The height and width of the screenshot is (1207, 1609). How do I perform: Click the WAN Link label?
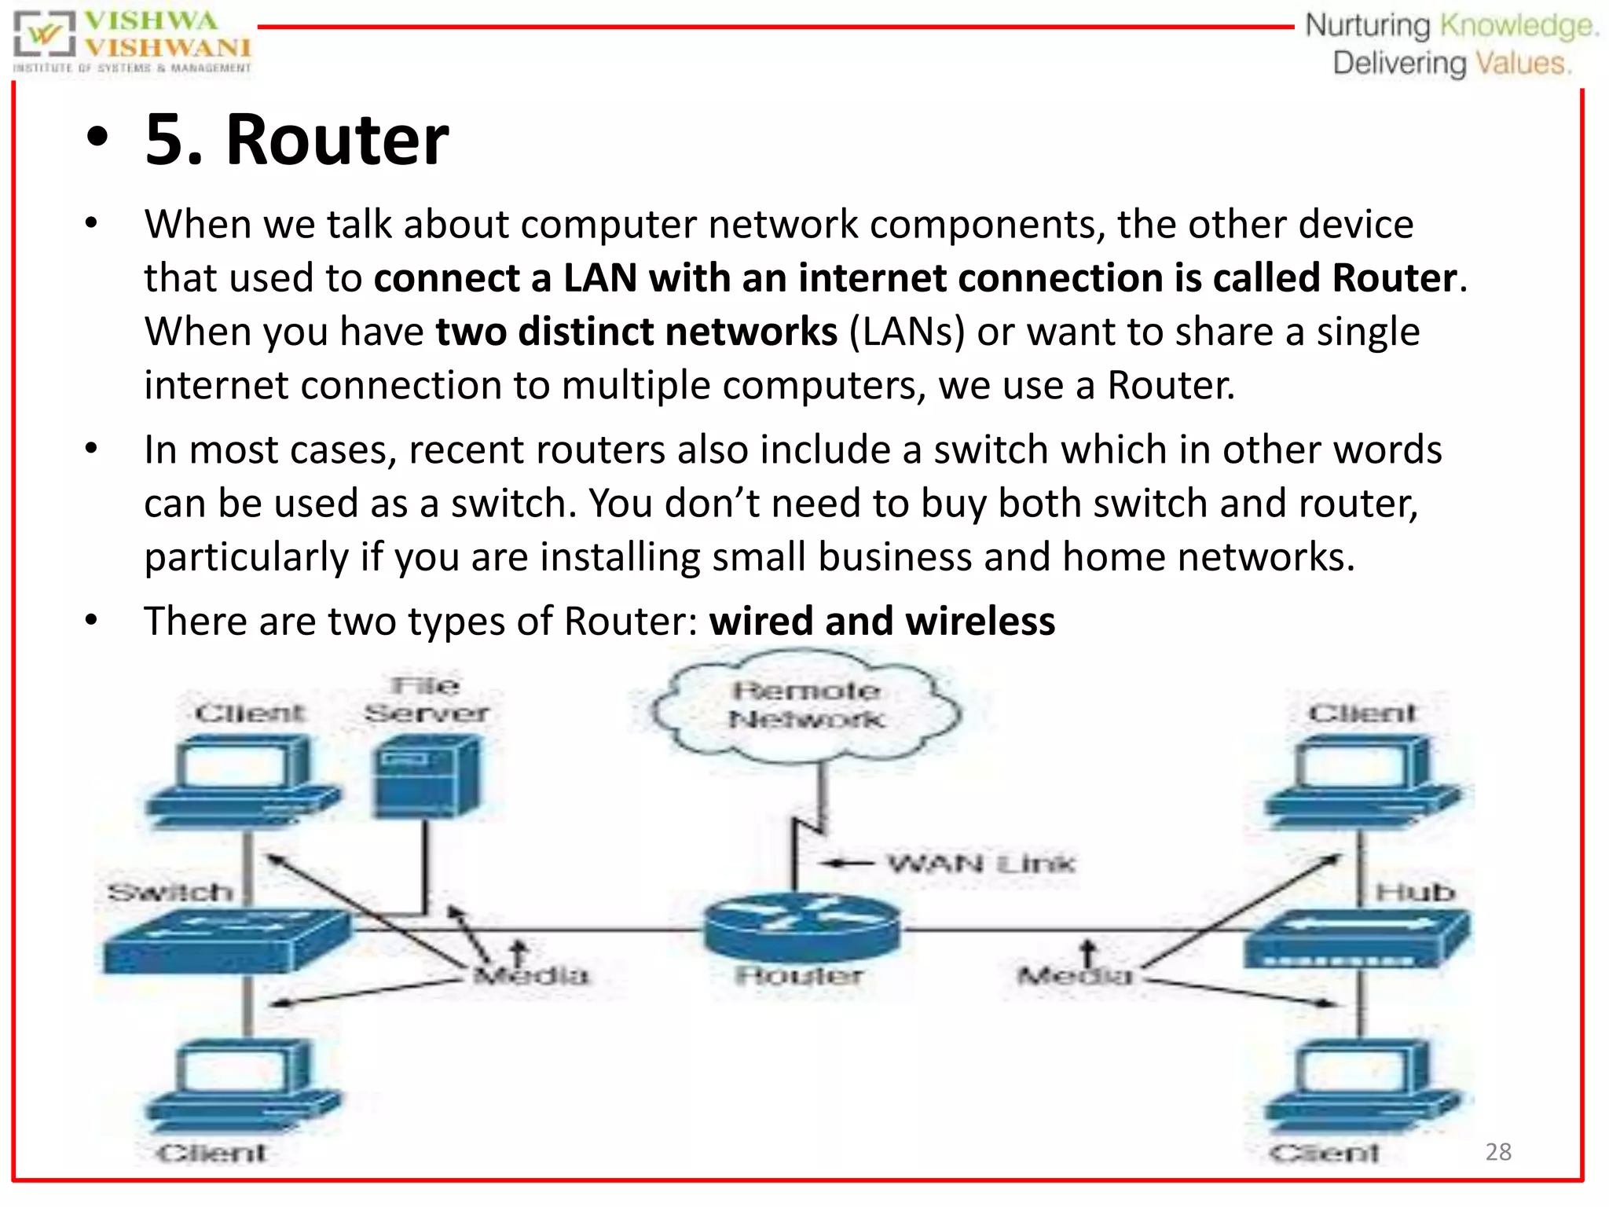[980, 864]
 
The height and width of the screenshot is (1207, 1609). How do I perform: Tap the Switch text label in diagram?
[170, 893]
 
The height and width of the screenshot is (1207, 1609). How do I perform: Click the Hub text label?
[1415, 893]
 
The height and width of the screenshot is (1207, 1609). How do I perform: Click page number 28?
[1498, 1152]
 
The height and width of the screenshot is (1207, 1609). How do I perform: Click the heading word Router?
[337, 140]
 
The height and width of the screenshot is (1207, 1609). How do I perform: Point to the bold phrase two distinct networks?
[636, 331]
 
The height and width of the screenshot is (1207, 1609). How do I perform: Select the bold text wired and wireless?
[881, 621]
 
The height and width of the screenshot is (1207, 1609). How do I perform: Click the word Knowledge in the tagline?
[1517, 26]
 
